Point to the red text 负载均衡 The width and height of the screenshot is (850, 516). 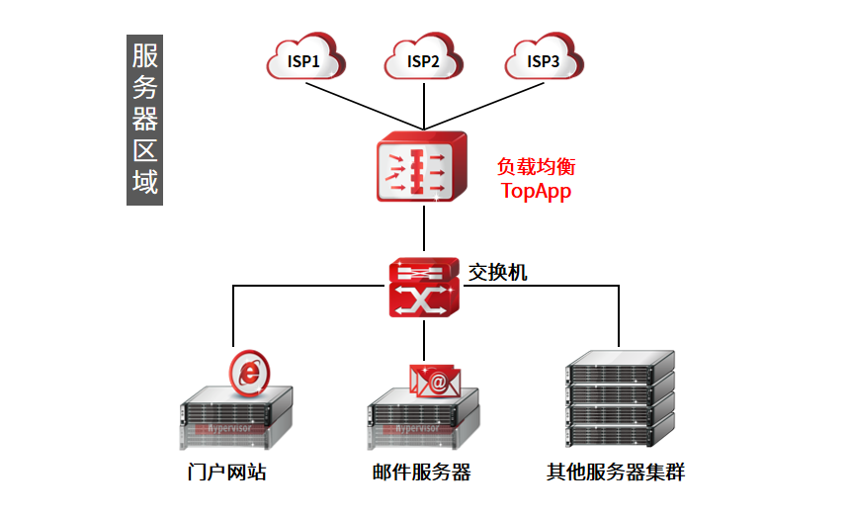[536, 166]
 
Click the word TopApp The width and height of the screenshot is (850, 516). [536, 191]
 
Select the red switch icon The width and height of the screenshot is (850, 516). [424, 288]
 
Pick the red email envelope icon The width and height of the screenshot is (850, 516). [436, 380]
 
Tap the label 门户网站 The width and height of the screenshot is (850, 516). [226, 472]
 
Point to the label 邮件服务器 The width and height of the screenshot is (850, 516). [422, 472]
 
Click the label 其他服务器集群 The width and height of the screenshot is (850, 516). [616, 472]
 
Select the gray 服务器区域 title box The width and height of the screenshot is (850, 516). [144, 121]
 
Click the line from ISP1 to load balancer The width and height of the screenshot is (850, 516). [366, 106]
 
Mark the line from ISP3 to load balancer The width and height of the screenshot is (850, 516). [484, 105]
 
